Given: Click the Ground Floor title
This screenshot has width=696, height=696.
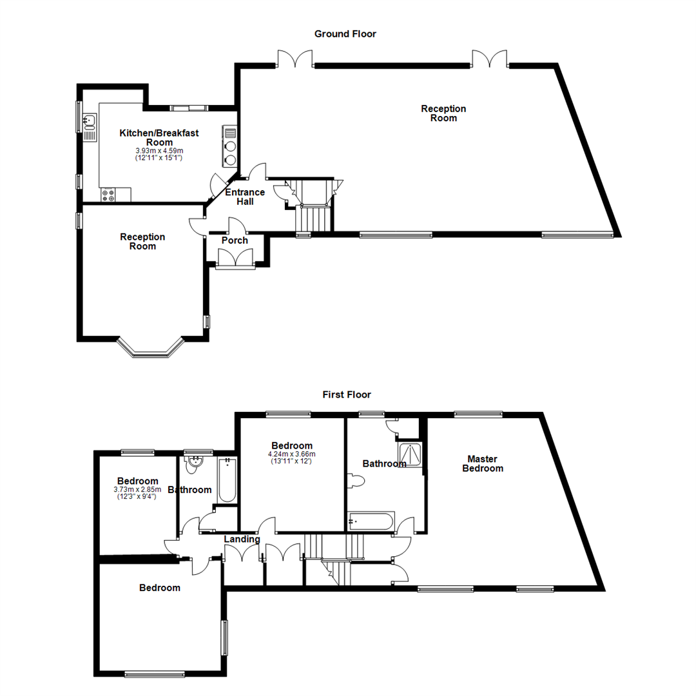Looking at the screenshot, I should tap(345, 34).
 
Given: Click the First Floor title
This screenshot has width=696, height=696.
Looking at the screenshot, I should tap(347, 394).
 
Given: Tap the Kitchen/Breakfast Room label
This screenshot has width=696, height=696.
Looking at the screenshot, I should tap(159, 137).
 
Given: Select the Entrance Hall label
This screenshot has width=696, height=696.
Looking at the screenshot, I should tap(244, 197).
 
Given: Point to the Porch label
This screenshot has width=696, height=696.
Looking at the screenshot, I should tap(235, 240).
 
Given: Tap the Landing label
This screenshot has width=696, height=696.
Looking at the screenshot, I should tap(242, 539).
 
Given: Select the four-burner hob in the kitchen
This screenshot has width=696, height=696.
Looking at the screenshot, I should tap(108, 194).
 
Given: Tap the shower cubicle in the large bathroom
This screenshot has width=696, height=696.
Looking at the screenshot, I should tap(410, 455).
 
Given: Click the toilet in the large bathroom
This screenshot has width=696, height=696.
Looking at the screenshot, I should tap(356, 481).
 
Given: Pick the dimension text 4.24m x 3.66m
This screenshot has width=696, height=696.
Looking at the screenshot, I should tap(292, 454).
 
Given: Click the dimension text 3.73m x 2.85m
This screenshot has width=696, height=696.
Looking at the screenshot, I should tap(137, 490).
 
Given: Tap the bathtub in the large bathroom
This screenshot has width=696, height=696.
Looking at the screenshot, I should tap(371, 521).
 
